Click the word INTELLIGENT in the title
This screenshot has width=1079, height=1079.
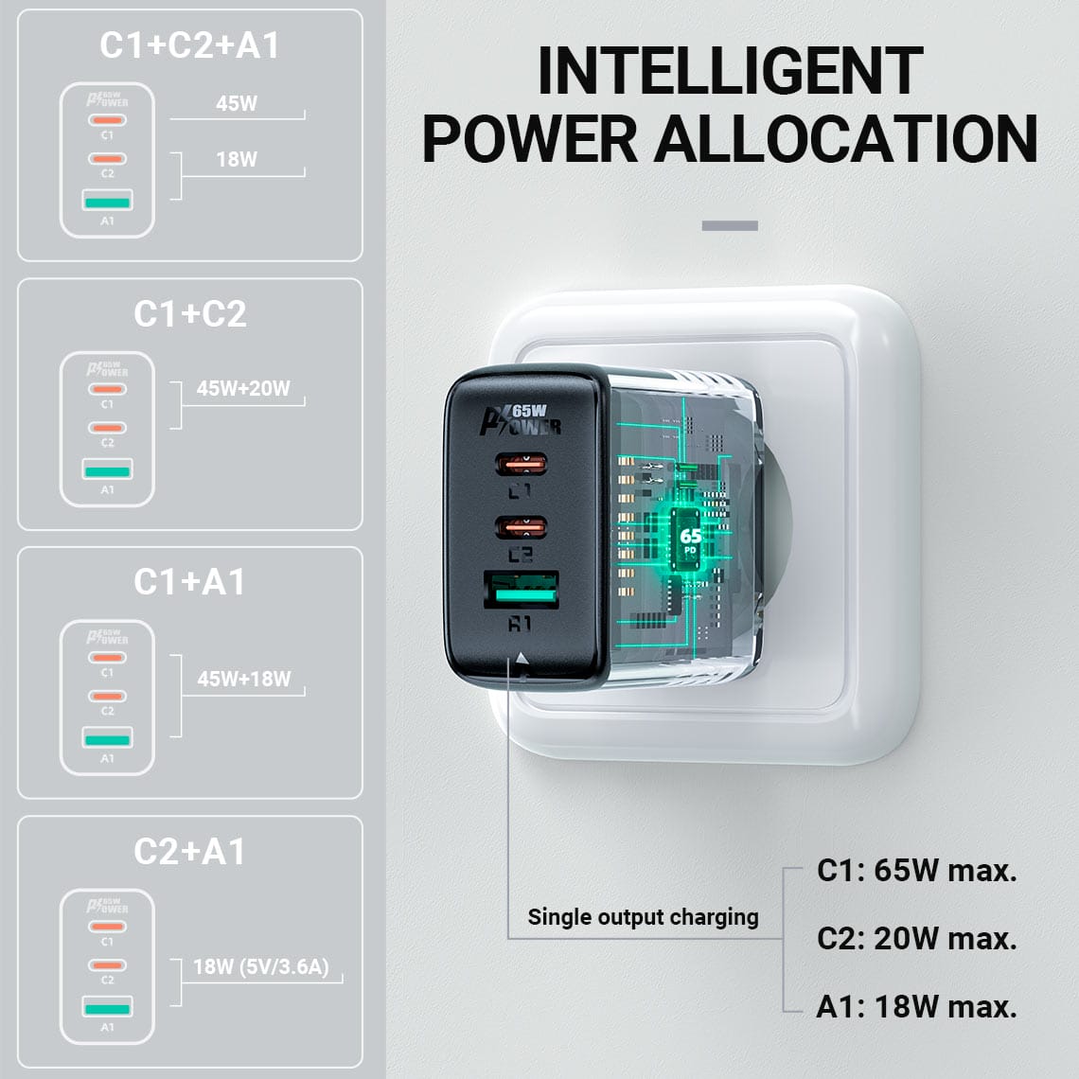(730, 71)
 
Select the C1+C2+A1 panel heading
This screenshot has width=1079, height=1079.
(189, 45)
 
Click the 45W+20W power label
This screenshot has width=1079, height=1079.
(243, 388)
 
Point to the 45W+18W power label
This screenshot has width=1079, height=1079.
(244, 680)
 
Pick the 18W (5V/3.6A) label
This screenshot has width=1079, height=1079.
(261, 966)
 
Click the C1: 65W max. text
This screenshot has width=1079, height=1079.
(916, 871)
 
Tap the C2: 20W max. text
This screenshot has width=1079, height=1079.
(916, 939)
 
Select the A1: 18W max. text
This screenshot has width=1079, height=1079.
(916, 1007)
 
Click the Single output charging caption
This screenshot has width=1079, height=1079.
(643, 917)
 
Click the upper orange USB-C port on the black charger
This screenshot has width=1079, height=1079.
(522, 465)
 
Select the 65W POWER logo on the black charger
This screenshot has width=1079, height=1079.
(521, 419)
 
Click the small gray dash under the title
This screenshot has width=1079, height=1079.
(730, 225)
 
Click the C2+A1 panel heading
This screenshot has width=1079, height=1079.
(189, 852)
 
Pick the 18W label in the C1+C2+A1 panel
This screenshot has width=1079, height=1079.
(237, 160)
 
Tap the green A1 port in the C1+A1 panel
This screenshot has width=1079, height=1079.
(107, 740)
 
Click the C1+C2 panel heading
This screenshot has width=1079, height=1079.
(190, 314)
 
